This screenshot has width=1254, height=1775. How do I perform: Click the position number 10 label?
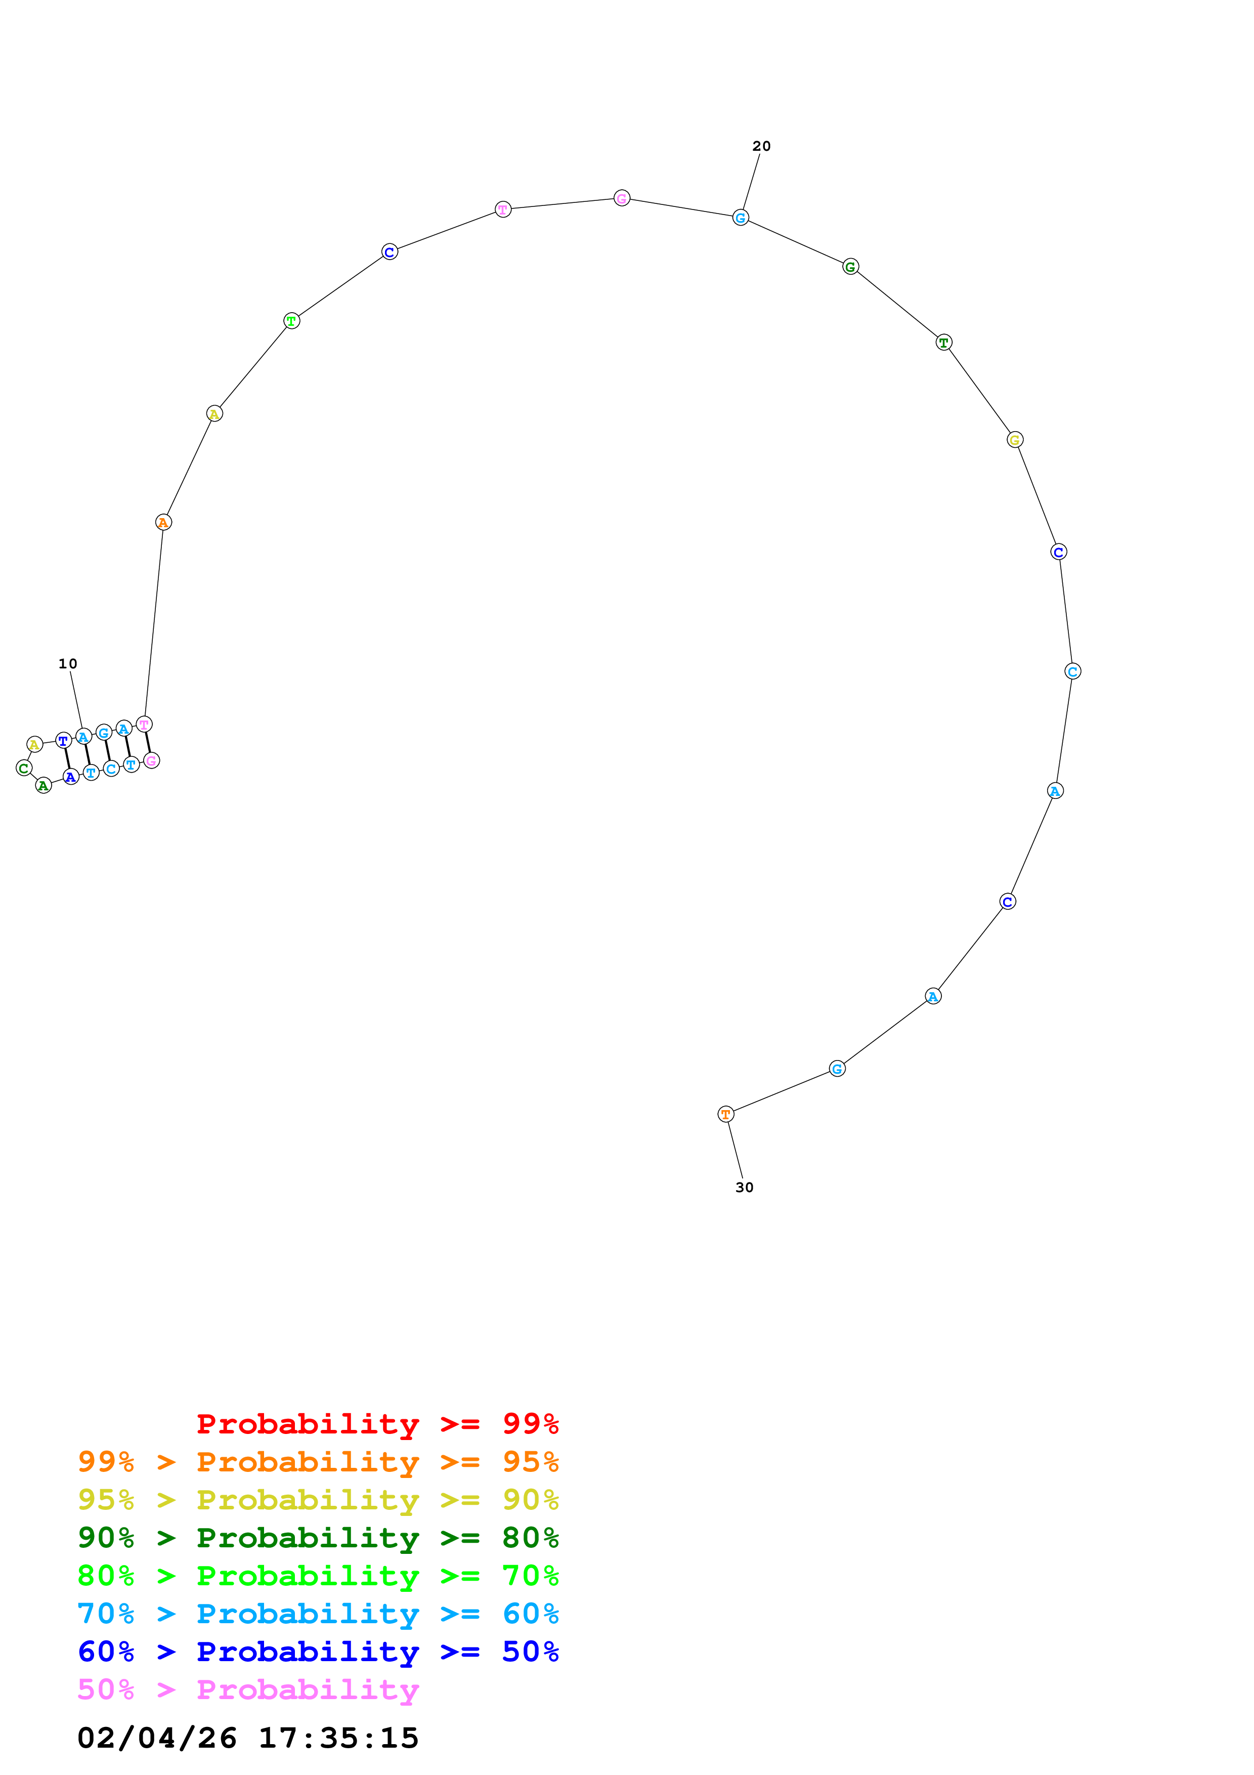point(68,663)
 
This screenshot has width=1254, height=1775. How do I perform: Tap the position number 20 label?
point(761,146)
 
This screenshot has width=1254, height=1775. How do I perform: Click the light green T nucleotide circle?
point(291,321)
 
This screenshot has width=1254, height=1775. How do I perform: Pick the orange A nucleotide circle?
point(163,523)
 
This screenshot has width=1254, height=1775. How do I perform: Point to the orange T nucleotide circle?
point(725,1114)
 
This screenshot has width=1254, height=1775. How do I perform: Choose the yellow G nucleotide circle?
point(1015,440)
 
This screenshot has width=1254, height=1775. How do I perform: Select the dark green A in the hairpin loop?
point(44,785)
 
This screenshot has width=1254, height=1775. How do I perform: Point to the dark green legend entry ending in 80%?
point(318,1538)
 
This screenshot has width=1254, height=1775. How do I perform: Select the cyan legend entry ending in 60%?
point(318,1614)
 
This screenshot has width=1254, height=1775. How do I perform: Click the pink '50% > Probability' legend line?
point(248,1690)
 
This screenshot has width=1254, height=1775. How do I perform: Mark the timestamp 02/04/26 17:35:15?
point(248,1739)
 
